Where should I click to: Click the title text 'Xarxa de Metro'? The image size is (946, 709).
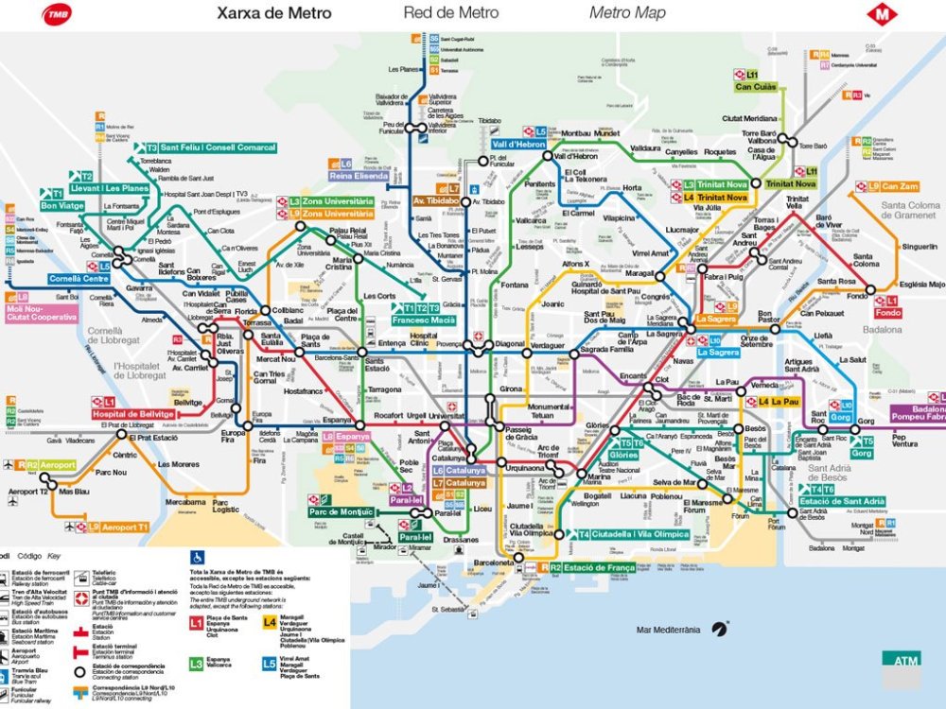click(x=274, y=13)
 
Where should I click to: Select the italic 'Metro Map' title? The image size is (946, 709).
click(x=627, y=13)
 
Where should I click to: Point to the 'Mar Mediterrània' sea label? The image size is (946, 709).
click(x=668, y=629)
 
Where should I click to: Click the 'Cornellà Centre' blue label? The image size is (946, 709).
click(x=79, y=280)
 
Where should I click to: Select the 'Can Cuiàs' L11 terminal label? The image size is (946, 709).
click(x=757, y=87)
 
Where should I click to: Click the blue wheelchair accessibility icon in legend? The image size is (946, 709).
click(x=198, y=557)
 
